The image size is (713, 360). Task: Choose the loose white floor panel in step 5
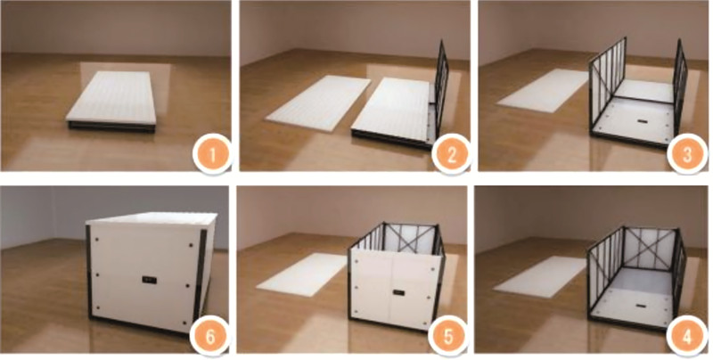(300, 273)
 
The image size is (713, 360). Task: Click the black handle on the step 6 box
(147, 280)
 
